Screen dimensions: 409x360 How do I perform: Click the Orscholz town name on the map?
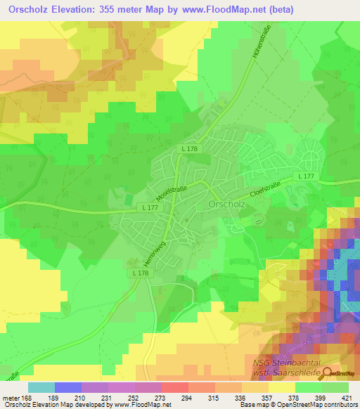(226, 204)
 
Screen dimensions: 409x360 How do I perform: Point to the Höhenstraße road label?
(256, 51)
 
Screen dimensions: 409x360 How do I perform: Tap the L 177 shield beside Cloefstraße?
(304, 176)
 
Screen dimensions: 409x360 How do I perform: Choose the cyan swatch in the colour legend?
(41, 387)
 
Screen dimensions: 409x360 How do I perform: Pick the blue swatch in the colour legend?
(68, 387)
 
